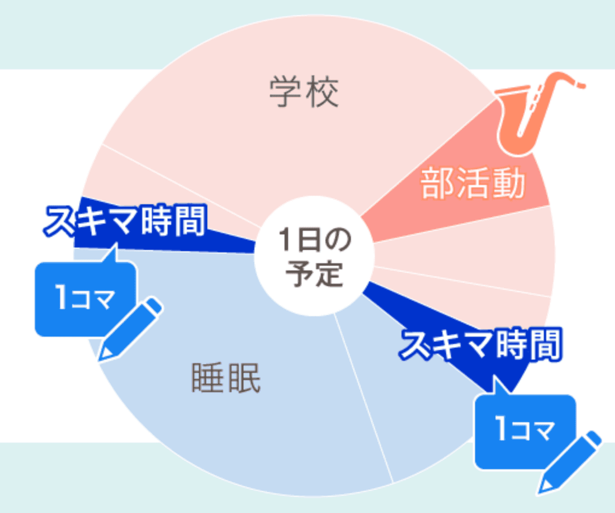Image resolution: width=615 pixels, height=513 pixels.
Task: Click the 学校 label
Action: [304, 92]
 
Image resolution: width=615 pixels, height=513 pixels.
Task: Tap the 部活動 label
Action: [472, 183]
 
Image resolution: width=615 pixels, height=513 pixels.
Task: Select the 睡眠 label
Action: [226, 378]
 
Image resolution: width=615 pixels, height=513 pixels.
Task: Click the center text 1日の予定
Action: [314, 256]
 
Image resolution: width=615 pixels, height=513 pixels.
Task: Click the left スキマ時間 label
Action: [125, 220]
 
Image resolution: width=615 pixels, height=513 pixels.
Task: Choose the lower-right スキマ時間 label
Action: [480, 344]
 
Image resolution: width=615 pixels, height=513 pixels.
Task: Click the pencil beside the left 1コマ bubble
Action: [129, 330]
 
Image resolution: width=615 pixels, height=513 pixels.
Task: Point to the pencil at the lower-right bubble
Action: [569, 463]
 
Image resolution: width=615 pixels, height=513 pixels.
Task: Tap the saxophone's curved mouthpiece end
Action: [581, 85]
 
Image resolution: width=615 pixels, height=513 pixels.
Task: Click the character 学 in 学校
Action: [285, 92]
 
